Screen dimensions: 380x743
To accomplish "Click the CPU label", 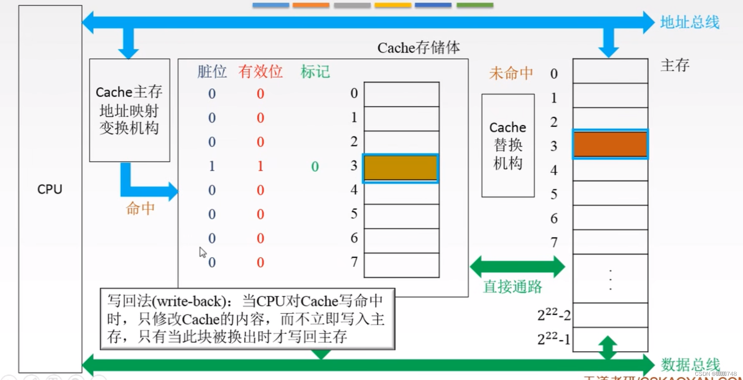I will (50, 189).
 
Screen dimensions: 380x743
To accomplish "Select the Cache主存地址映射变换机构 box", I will (130, 110).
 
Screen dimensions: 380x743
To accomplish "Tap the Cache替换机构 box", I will (508, 145).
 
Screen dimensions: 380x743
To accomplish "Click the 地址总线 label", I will (690, 22).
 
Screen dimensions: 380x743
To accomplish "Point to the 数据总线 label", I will (690, 365).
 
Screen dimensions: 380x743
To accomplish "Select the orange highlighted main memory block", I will (610, 144).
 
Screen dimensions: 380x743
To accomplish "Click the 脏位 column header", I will (212, 72).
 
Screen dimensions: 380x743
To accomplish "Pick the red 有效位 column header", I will (260, 72).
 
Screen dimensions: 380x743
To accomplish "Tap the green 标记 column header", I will (315, 72).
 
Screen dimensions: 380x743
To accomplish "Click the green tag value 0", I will (315, 167).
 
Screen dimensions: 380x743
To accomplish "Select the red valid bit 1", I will (260, 166).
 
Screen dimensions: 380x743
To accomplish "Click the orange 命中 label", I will (140, 208).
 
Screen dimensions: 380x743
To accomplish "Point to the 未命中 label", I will (511, 74).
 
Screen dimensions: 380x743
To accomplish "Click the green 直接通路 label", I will (512, 287).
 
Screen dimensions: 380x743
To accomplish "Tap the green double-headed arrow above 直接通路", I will (517, 267).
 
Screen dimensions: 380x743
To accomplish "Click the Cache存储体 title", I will (418, 48).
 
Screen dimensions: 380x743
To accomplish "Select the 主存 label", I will (675, 65).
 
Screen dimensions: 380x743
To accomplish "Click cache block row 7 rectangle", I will (401, 265).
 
